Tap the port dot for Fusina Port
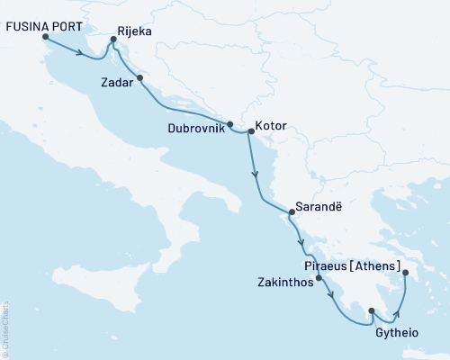pos(45,38)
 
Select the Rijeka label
pos(135,31)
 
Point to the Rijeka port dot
pos(113,40)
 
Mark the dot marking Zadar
pos(139,77)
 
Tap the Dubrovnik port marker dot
pos(230,124)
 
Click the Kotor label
pos(271,126)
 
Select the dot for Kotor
pos(250,130)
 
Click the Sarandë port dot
pos(290,213)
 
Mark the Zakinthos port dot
pos(319,278)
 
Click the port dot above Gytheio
pos(371,311)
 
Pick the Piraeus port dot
pos(405,274)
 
